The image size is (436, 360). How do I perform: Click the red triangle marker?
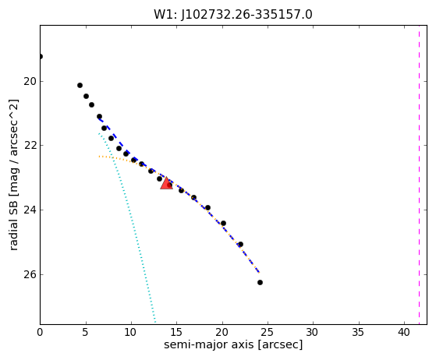coord(167,183)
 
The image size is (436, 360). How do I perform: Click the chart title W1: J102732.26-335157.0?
coord(233,15)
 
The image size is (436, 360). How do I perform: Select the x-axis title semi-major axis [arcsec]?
coord(233,344)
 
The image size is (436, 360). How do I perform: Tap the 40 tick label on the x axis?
coord(404,332)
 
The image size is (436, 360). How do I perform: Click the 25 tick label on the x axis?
coord(268,332)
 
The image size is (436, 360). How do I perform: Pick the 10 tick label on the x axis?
coord(131,332)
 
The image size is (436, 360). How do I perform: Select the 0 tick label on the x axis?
coord(40,332)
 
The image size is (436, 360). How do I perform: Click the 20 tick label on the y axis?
coord(30,81)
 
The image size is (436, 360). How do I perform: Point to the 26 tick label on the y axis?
coord(30,274)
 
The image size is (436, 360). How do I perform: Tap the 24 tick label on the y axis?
coord(30,210)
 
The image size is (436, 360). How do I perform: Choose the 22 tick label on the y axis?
coord(30,145)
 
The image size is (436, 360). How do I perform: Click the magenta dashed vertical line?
coord(419,175)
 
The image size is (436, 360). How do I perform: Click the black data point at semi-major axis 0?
coord(41,57)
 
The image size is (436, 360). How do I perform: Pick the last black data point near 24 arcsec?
coord(260,283)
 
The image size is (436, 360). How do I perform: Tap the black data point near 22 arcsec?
coord(240,245)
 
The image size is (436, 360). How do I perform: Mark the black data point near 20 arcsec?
coord(223,224)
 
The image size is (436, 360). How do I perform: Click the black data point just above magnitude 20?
coord(80,85)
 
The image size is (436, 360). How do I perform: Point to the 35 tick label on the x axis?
coord(359,332)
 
